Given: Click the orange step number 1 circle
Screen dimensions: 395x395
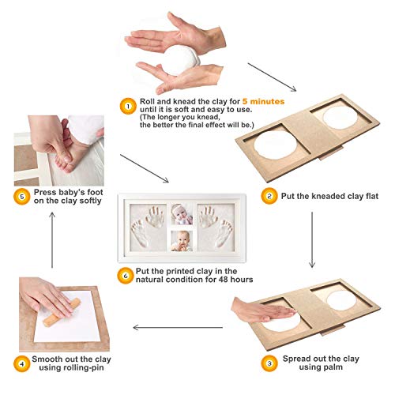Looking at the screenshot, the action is (128, 107).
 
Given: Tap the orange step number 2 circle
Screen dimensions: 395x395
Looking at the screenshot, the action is (269, 196).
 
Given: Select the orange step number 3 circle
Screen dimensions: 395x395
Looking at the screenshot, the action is (269, 363).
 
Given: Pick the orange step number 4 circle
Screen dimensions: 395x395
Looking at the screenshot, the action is (21, 364).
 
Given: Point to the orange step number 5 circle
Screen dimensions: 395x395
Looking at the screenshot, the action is (21, 197).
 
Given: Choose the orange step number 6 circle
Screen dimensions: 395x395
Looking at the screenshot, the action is (126, 276).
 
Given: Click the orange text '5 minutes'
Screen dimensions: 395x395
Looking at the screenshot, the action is (263, 101).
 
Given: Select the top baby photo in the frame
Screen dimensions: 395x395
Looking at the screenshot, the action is (182, 214).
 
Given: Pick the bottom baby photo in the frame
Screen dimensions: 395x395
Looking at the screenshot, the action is (182, 241).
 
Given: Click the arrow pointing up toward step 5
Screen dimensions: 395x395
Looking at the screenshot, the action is (52, 240).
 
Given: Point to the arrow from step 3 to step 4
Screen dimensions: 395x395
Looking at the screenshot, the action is (178, 328).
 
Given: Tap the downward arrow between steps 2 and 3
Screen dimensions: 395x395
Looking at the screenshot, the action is (312, 240).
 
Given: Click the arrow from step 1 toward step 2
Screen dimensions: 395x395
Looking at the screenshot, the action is (272, 77).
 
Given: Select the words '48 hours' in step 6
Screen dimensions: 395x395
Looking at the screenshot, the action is (235, 280).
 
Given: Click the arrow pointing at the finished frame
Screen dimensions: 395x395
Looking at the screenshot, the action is (145, 168).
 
